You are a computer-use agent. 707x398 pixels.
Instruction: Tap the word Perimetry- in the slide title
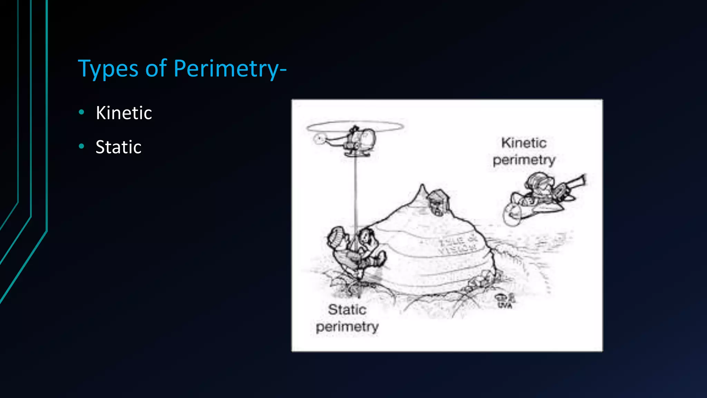click(230, 69)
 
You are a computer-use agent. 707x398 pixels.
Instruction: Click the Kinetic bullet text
click(124, 113)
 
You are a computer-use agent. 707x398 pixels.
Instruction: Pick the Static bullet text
click(118, 147)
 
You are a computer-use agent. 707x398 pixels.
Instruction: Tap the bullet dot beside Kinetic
click(81, 112)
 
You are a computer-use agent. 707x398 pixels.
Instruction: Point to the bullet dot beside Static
click(81, 146)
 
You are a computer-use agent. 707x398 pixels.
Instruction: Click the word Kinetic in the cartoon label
click(524, 143)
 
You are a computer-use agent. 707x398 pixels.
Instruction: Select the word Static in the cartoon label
click(347, 310)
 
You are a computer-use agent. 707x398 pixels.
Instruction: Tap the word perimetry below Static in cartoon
click(347, 327)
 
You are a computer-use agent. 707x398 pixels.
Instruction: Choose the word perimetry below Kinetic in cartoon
click(524, 160)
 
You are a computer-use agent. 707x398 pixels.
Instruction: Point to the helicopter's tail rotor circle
click(319, 139)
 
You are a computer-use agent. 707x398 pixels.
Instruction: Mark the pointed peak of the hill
click(422, 187)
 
